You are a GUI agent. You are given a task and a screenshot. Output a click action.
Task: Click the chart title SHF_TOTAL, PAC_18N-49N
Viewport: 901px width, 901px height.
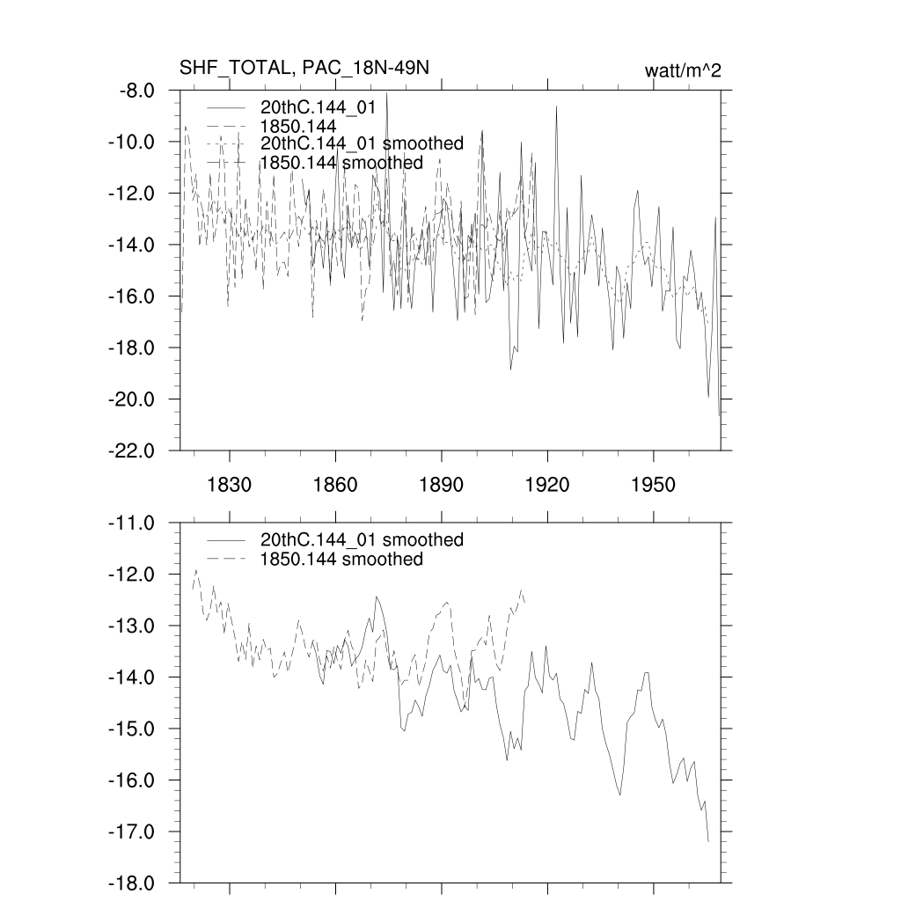[304, 70]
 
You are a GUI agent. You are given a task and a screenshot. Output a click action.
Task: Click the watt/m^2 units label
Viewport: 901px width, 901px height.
[683, 70]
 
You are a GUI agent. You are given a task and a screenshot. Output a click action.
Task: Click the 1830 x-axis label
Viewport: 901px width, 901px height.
[229, 485]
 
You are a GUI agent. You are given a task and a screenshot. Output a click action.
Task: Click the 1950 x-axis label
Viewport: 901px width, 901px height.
[653, 485]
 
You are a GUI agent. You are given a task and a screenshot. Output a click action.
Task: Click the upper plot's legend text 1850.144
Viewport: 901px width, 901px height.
[298, 126]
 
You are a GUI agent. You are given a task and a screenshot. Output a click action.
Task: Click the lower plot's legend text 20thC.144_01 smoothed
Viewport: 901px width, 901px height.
[362, 539]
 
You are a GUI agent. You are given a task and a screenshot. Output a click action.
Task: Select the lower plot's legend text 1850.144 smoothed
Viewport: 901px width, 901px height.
[341, 560]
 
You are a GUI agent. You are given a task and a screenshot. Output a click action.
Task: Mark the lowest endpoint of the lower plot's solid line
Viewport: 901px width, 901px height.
[708, 842]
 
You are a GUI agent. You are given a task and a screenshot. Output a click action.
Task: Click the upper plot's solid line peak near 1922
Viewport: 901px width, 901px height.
[556, 106]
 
